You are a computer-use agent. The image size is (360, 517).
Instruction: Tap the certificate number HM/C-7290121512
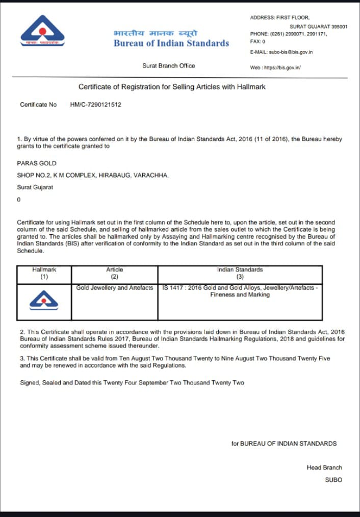click(96, 105)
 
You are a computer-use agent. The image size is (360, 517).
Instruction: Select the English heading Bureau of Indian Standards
click(171, 43)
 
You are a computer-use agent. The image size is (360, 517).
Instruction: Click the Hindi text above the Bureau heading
click(156, 33)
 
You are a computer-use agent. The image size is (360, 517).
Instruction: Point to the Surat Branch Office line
click(168, 66)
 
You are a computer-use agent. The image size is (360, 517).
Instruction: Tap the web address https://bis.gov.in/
click(275, 67)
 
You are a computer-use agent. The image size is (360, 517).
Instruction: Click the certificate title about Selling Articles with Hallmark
click(172, 87)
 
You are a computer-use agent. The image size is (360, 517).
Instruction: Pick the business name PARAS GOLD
click(37, 163)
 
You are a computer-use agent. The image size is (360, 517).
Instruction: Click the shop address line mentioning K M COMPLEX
click(93, 175)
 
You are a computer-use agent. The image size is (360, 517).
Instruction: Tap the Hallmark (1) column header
click(44, 273)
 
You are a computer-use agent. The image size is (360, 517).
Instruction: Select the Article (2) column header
click(115, 273)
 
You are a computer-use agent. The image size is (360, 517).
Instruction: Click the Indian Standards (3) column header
click(240, 273)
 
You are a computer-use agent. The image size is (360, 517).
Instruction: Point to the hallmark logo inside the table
click(44, 301)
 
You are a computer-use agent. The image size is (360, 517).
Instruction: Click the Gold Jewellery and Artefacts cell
click(115, 288)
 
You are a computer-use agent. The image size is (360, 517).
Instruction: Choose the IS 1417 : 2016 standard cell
click(240, 291)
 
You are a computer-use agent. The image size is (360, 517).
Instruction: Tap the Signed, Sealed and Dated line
click(132, 382)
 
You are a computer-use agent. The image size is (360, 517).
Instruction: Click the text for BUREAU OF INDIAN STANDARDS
click(284, 444)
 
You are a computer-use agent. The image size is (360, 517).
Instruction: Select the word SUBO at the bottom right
click(333, 480)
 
